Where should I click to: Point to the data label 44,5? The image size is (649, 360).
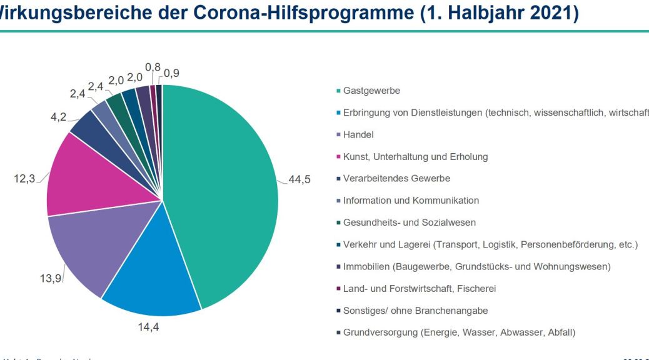pyautogui.click(x=299, y=180)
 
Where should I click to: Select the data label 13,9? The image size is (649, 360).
pyautogui.click(x=51, y=278)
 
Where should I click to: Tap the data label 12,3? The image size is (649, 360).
pyautogui.click(x=24, y=179)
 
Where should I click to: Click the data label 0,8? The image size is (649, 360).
pyautogui.click(x=152, y=66)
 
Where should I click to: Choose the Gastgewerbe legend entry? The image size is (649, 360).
pyautogui.click(x=371, y=91)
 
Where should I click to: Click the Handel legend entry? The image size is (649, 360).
pyautogui.click(x=358, y=135)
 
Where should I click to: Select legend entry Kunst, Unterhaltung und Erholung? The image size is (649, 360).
pyautogui.click(x=415, y=157)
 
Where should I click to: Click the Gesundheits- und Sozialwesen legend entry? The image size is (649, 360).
pyautogui.click(x=410, y=222)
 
